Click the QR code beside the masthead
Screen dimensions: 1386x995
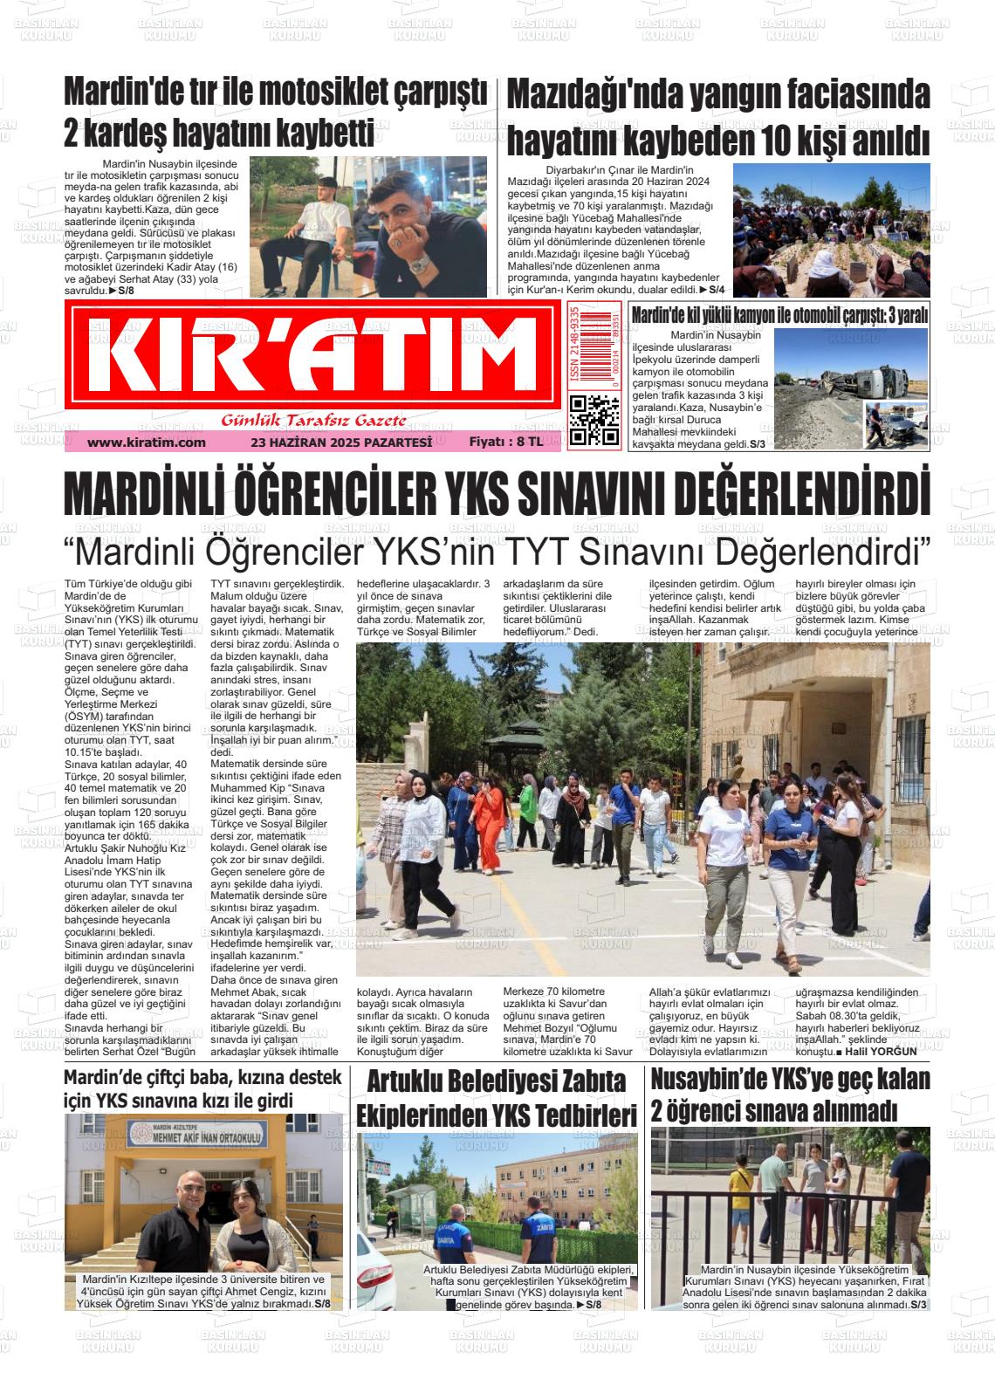coord(594,420)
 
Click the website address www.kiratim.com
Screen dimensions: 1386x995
coord(147,443)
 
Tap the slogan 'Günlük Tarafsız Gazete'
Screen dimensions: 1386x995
coord(313,421)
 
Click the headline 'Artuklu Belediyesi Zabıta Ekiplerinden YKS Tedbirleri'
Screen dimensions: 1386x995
coord(497,1098)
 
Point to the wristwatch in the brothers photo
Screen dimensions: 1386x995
coord(420,264)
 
